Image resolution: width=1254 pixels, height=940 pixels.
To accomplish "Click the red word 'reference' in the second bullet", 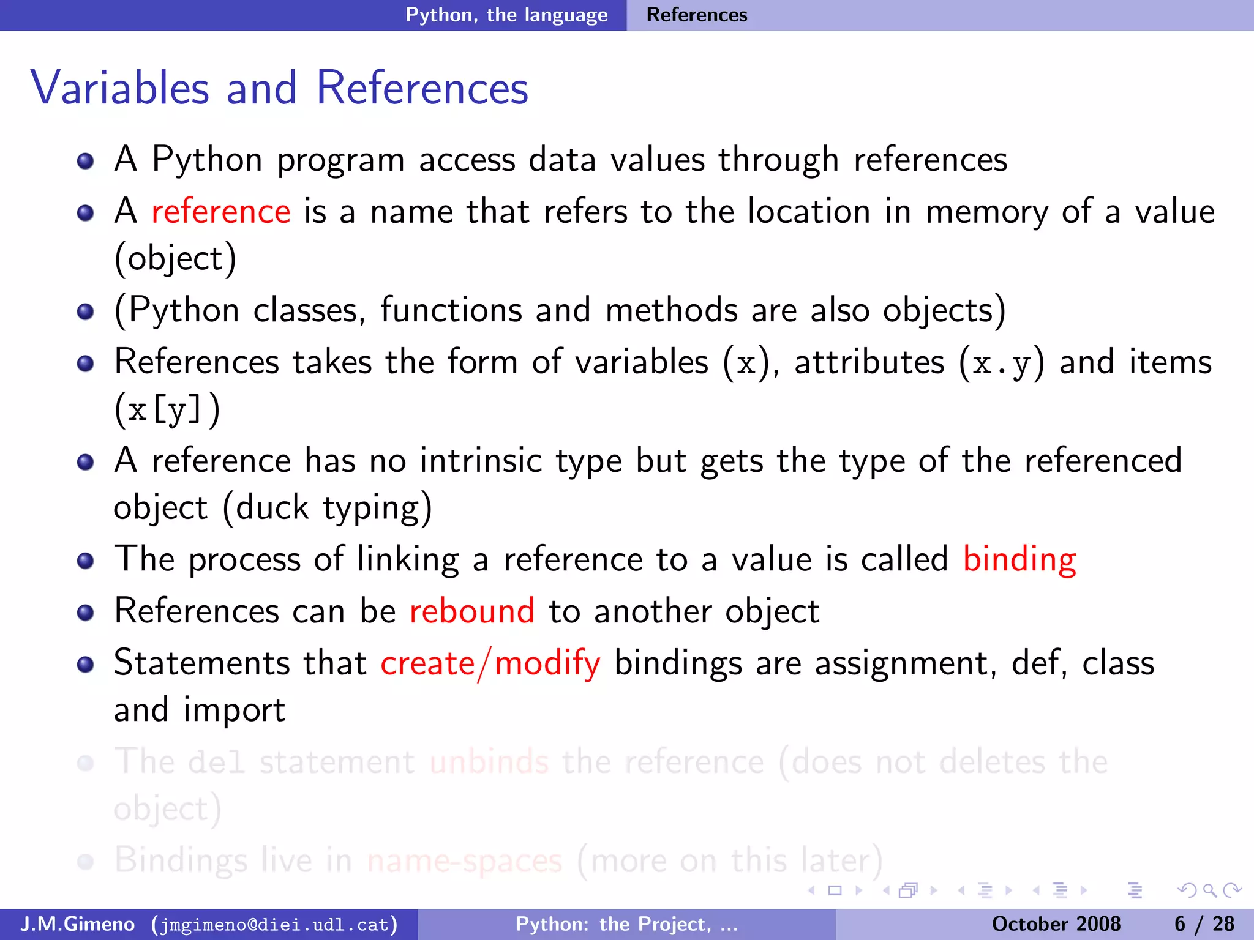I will [x=220, y=212].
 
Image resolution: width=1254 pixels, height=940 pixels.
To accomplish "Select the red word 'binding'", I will [x=1019, y=559].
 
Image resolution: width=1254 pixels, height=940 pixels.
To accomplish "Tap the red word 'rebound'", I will [x=471, y=611].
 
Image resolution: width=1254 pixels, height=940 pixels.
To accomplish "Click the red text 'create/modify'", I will [x=490, y=663].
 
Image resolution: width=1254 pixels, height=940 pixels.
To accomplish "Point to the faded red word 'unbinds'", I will [x=489, y=762].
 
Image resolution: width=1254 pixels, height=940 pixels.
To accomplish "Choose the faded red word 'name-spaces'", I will [x=464, y=860].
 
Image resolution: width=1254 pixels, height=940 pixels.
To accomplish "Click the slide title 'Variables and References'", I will [x=279, y=88].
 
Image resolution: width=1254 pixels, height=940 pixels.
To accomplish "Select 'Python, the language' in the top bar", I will [x=506, y=15].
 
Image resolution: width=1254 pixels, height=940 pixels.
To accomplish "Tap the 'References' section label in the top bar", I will [x=697, y=15].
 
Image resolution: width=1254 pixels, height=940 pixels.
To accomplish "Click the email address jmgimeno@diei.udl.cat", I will [x=274, y=924].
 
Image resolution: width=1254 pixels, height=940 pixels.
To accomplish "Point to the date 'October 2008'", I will [x=1056, y=924].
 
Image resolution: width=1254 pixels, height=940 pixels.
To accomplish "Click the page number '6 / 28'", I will [x=1204, y=924].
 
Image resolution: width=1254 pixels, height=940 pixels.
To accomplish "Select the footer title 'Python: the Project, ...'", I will [x=626, y=924].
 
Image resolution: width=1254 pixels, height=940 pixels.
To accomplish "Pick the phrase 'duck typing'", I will [x=327, y=508].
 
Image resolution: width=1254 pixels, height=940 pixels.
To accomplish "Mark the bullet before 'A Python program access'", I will [x=86, y=161].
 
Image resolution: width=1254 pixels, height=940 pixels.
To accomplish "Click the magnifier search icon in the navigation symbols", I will [x=1209, y=890].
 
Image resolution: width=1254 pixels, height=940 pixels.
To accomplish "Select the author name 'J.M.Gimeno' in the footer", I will [x=77, y=924].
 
